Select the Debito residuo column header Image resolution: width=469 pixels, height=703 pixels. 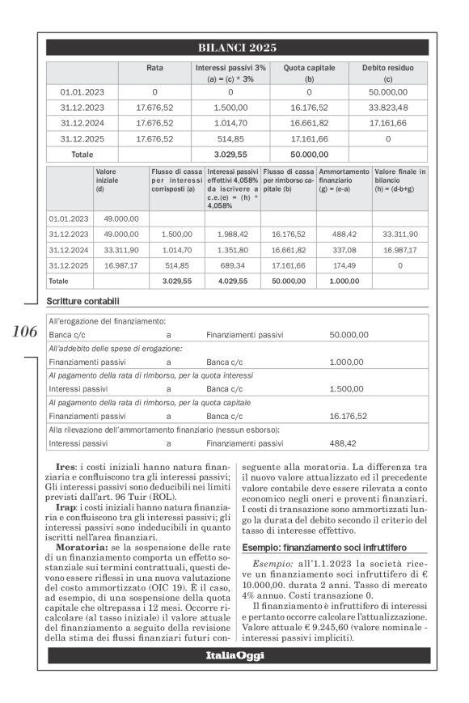pos(388,69)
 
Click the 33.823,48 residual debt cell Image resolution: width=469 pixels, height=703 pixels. pos(388,107)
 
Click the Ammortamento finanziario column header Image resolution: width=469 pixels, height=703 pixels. pos(343,181)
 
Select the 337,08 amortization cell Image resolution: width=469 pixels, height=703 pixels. pos(344,250)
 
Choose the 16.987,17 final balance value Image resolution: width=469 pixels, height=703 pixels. pos(399,250)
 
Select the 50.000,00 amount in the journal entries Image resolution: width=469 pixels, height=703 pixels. pos(349,333)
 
